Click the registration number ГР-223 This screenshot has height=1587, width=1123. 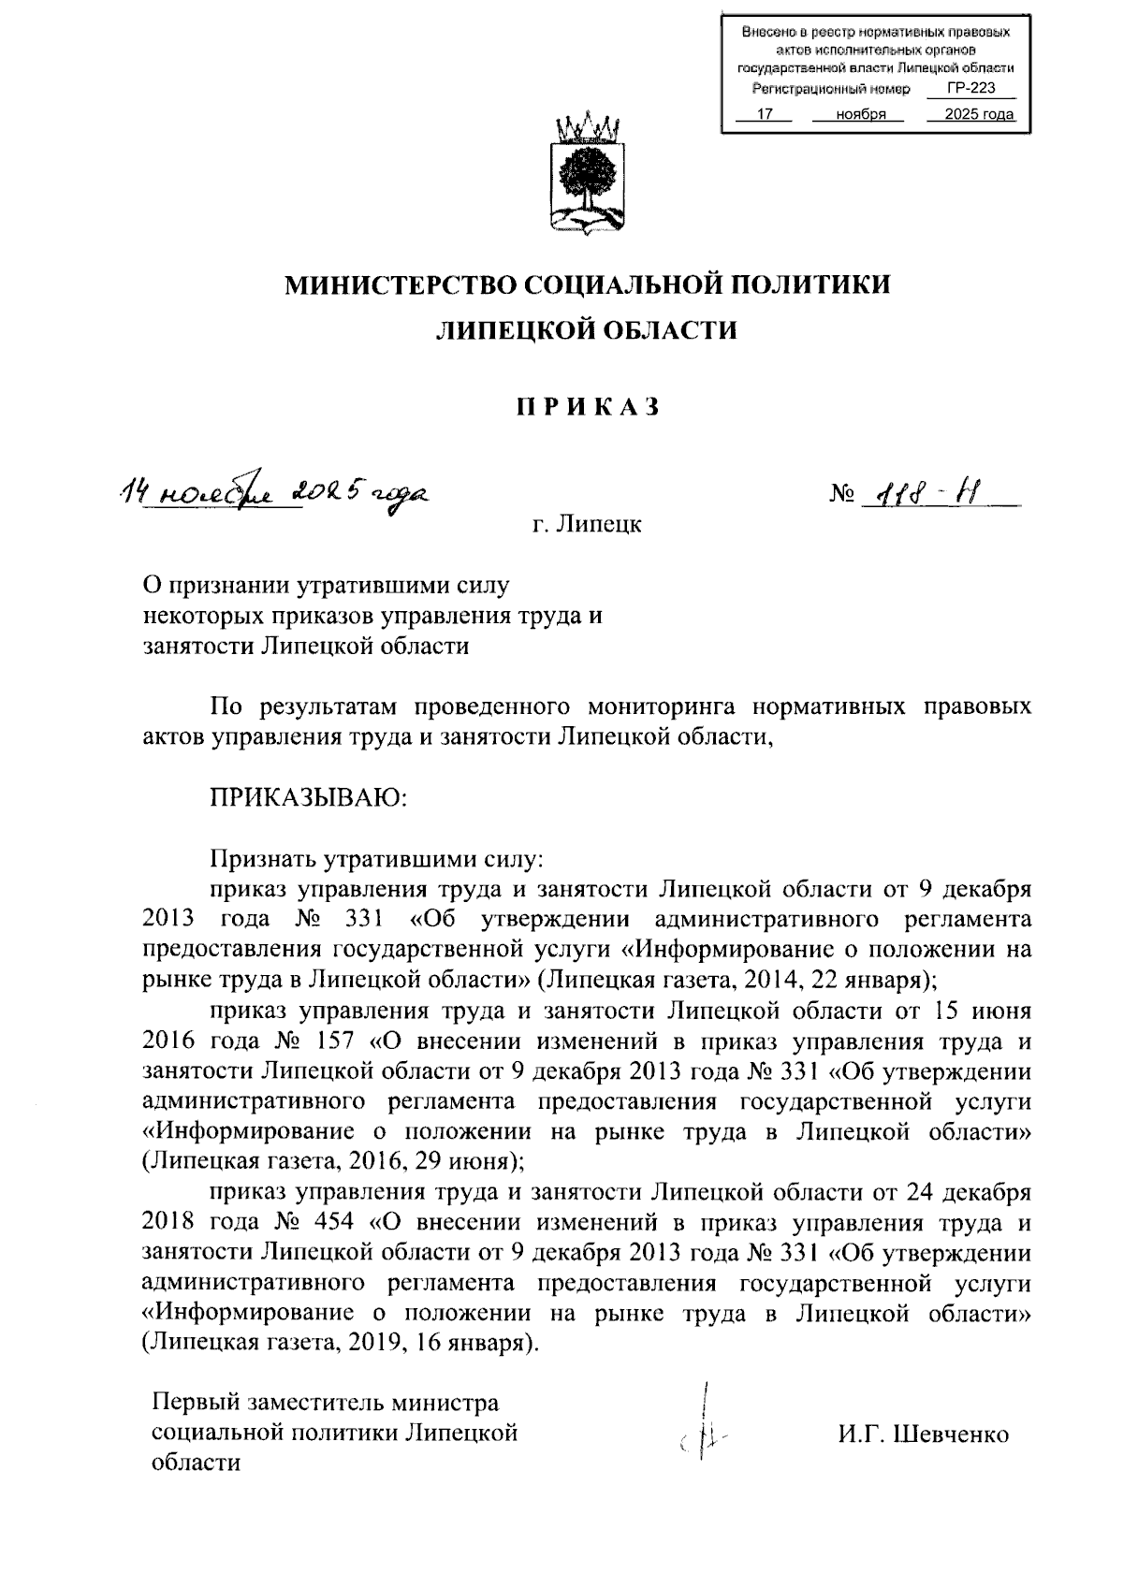tap(970, 89)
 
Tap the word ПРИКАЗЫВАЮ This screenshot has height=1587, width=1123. tap(308, 797)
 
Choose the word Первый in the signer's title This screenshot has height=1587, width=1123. tap(196, 1404)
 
